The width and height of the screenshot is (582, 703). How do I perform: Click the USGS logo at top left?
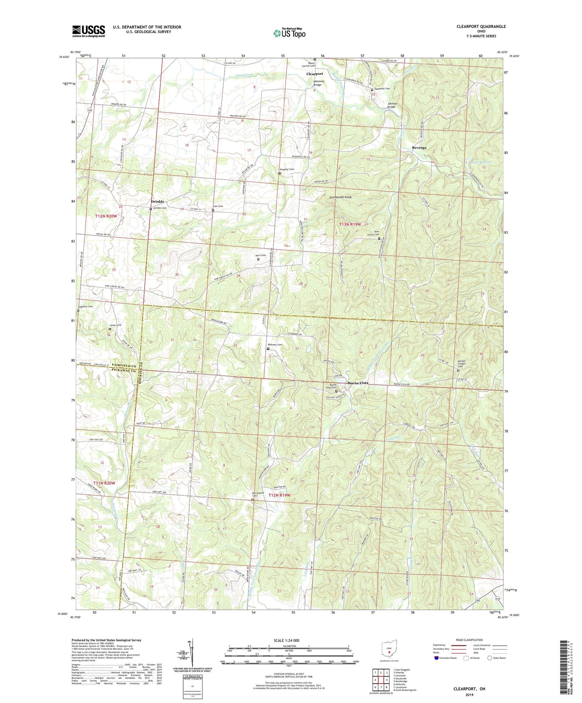[88, 31]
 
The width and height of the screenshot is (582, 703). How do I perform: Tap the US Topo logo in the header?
[289, 33]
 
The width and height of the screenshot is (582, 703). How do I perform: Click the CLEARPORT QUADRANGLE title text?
[481, 27]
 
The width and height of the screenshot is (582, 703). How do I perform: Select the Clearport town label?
[315, 74]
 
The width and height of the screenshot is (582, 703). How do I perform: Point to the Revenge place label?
[419, 148]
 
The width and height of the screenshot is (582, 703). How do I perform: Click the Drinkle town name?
[157, 201]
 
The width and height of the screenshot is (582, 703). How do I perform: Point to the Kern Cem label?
[261, 255]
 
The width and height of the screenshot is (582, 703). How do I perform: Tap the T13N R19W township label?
[351, 224]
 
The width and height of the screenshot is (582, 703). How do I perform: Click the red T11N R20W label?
[104, 483]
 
